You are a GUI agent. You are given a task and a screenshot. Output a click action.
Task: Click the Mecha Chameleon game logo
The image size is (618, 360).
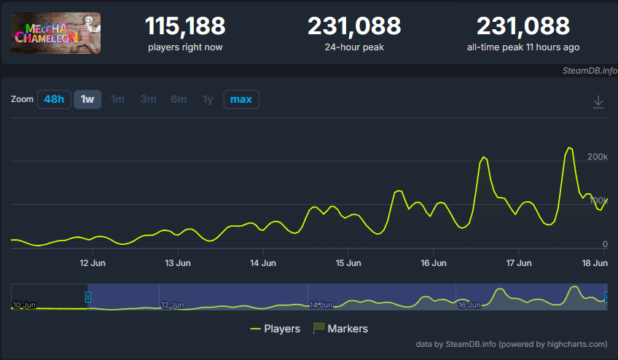55,33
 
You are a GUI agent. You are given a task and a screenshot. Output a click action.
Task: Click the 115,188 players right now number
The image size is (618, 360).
185,26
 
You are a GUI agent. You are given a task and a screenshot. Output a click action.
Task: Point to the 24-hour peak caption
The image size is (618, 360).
354,47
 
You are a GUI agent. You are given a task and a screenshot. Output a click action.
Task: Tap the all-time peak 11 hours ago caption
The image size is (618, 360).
523,47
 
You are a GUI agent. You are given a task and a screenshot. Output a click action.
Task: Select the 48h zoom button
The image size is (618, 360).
54,99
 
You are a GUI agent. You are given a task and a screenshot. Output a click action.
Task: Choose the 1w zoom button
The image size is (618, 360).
87,99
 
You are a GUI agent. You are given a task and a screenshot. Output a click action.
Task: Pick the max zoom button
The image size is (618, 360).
241,99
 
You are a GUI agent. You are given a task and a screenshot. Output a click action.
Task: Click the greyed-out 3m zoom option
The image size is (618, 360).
148,99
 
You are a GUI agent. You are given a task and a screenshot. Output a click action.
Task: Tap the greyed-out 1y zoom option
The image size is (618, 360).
208,99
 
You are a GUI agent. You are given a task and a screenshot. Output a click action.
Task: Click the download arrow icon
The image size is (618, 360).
598,102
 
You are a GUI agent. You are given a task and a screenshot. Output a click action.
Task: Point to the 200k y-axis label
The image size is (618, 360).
598,157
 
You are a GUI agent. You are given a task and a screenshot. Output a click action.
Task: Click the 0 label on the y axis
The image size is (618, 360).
605,244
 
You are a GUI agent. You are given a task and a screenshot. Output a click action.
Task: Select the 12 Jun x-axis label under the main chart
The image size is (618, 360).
93,263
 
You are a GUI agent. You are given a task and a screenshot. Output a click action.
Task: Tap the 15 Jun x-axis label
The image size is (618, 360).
348,263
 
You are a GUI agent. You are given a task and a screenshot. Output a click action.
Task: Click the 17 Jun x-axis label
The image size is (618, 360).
519,263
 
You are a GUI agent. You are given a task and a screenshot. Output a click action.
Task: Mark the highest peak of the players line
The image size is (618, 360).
569,148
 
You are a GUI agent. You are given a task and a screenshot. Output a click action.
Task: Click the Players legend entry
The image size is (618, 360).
275,329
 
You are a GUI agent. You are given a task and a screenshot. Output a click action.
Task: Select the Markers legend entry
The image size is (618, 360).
340,329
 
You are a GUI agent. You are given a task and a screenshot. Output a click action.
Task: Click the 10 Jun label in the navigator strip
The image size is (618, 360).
24,305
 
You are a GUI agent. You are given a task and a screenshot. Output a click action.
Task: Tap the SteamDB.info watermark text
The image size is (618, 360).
590,71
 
